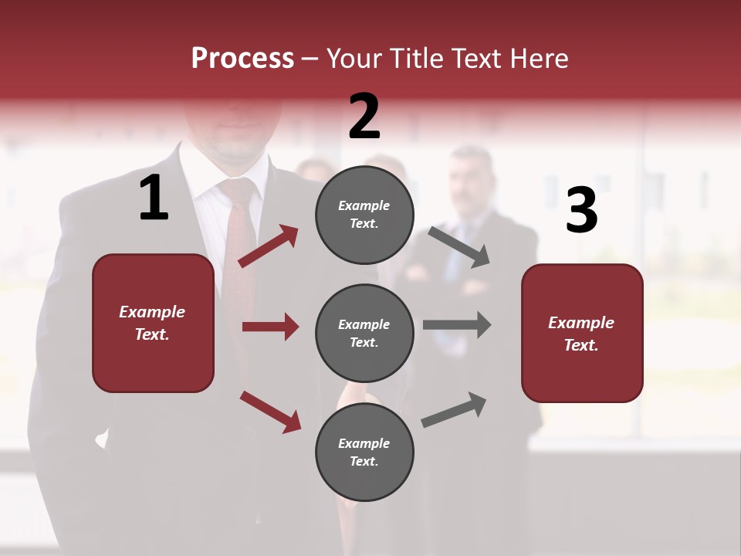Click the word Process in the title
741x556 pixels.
(242, 59)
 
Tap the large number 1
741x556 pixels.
(154, 198)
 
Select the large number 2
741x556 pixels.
(364, 117)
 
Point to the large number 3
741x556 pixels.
(581, 211)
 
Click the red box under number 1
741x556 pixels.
(153, 323)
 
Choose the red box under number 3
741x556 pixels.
(582, 333)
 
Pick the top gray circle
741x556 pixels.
(364, 215)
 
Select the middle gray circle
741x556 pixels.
(364, 333)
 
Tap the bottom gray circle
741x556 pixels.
(364, 452)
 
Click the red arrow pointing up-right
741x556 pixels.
(269, 246)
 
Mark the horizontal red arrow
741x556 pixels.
(270, 327)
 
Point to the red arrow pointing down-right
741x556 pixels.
(270, 412)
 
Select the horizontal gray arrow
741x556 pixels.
(457, 324)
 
